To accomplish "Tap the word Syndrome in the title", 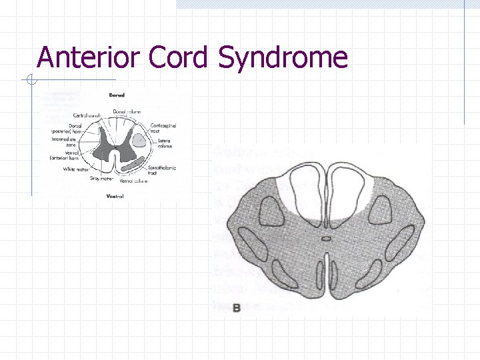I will tap(283, 58).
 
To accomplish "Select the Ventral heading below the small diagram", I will tap(115, 196).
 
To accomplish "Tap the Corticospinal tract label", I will tap(163, 128).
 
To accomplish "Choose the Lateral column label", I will tap(165, 144).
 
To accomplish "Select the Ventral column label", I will tap(134, 181).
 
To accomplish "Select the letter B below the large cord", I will tap(237, 308).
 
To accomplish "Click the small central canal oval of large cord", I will tap(326, 238).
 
